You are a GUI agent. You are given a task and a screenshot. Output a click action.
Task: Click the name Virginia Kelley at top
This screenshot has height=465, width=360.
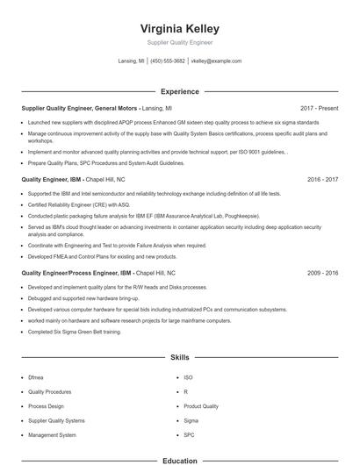(x=179, y=28)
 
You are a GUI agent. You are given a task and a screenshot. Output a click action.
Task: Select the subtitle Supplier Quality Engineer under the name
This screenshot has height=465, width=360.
(x=179, y=42)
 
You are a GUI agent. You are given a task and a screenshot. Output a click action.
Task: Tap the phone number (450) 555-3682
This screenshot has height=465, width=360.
(x=168, y=61)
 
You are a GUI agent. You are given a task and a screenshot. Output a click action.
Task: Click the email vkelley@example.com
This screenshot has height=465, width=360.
(x=217, y=61)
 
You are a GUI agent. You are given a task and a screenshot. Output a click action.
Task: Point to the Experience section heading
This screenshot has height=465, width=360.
(x=179, y=91)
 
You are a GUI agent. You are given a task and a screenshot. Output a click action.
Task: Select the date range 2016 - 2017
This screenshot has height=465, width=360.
(x=323, y=178)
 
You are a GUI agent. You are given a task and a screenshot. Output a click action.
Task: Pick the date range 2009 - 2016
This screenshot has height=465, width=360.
(x=323, y=273)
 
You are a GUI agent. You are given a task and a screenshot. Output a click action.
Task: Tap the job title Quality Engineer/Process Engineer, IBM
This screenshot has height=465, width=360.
(x=76, y=273)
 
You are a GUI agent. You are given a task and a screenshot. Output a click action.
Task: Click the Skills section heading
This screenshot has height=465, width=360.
(x=179, y=358)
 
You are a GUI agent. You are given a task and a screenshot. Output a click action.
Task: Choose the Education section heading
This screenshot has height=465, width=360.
(x=179, y=460)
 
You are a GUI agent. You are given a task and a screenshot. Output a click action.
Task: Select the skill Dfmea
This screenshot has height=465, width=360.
(x=36, y=377)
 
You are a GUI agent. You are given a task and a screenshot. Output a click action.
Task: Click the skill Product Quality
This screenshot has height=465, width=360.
(x=201, y=406)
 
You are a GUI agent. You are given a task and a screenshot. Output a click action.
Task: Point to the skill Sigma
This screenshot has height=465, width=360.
(x=191, y=420)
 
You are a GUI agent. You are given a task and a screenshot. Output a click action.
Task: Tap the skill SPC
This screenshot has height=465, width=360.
(x=189, y=434)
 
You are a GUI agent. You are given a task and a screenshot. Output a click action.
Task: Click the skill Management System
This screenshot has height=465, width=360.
(x=52, y=434)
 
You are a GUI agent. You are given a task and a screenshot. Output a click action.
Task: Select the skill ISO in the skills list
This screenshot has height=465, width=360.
(x=188, y=377)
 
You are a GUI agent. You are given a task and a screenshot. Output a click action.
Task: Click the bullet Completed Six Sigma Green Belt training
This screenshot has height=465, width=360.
(x=76, y=331)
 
